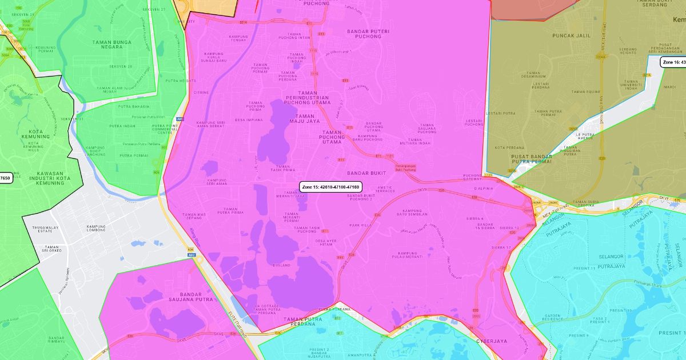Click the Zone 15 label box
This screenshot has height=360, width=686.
click(331, 187)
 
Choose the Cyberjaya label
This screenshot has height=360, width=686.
click(492, 341)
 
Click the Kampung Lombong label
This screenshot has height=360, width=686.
click(96, 228)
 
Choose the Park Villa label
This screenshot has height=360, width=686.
click(361, 225)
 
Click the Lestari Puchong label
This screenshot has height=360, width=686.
click(474, 122)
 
